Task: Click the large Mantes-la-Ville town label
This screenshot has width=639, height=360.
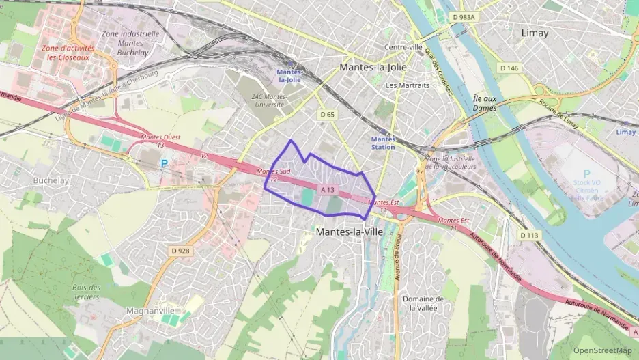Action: pyautogui.click(x=350, y=232)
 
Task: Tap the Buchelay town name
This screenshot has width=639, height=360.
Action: pyautogui.click(x=51, y=181)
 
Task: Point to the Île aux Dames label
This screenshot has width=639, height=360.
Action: pyautogui.click(x=484, y=103)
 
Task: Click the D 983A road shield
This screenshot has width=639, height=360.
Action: pyautogui.click(x=464, y=17)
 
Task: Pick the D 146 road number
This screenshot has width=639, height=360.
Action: pyautogui.click(x=509, y=68)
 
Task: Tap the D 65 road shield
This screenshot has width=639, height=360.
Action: pyautogui.click(x=328, y=115)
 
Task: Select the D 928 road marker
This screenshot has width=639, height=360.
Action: pyautogui.click(x=181, y=251)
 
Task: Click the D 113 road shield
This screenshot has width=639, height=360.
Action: pyautogui.click(x=529, y=235)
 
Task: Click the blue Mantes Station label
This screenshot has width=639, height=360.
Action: pyautogui.click(x=383, y=143)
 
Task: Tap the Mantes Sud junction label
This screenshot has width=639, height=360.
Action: pyautogui.click(x=272, y=172)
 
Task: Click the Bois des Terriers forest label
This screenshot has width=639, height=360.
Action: pyautogui.click(x=86, y=292)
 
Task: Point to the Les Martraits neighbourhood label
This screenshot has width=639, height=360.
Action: pyautogui.click(x=408, y=85)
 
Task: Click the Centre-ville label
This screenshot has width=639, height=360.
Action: pyautogui.click(x=403, y=47)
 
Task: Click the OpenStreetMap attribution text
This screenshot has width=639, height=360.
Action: pyautogui.click(x=602, y=350)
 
